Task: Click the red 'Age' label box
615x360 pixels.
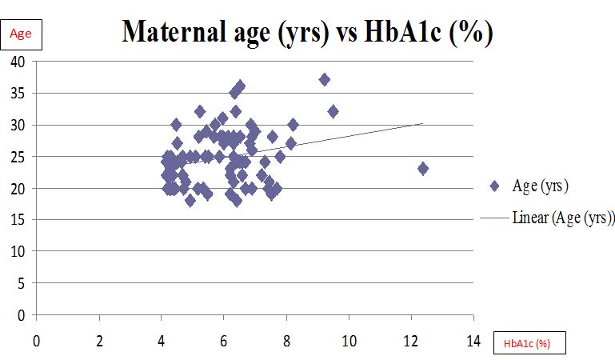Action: [22, 33]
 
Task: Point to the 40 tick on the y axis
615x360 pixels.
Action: [18, 62]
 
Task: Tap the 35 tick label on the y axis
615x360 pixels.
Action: [18, 94]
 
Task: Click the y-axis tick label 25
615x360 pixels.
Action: [18, 157]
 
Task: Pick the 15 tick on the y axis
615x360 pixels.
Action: [18, 220]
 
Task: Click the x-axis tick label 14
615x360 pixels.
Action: [474, 340]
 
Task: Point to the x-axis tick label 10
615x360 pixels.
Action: [349, 340]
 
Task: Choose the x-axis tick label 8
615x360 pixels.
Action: [286, 340]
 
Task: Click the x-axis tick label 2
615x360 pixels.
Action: [99, 340]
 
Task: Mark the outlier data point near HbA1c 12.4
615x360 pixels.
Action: [423, 169]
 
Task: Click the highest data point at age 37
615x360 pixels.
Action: [324, 80]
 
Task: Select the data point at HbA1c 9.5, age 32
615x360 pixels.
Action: [333, 111]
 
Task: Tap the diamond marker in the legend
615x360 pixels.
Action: [494, 186]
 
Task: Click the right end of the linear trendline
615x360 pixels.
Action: [422, 123]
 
